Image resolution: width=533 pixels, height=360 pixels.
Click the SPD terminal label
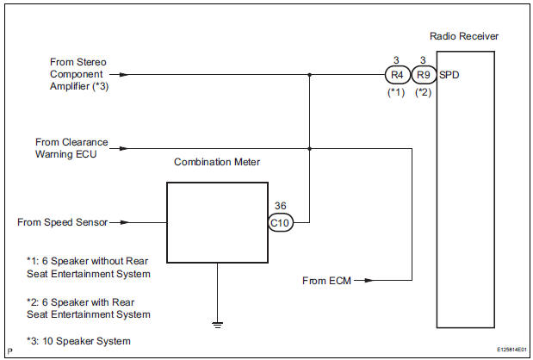point(449,75)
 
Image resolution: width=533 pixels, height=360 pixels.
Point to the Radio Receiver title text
point(463,36)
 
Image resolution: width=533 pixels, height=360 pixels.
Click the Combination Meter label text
point(216,161)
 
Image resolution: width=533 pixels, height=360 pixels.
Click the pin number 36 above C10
point(281,205)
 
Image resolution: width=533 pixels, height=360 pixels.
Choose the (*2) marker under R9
point(424,92)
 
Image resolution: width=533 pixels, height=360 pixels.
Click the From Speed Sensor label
point(62,221)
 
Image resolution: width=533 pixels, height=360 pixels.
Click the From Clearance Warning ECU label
point(71,148)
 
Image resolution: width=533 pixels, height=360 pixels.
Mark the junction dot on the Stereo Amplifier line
point(309,75)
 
